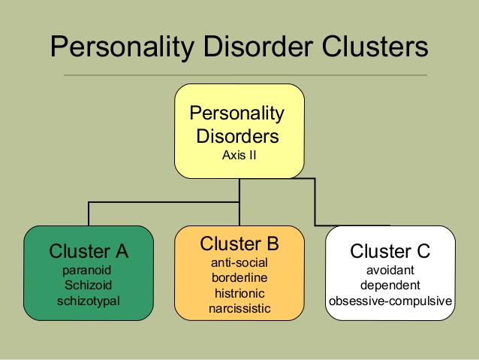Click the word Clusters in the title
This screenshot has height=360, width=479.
click(375, 47)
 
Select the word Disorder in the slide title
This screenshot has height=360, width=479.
click(258, 47)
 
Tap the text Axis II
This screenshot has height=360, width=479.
click(239, 155)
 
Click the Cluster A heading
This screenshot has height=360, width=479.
click(89, 251)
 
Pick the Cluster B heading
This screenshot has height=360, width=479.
click(239, 244)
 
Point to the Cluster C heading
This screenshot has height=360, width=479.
click(390, 251)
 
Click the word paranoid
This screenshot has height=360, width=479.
click(87, 271)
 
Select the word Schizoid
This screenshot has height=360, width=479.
click(89, 286)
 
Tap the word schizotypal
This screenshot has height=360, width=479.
click(89, 301)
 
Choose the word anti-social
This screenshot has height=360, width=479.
click(239, 263)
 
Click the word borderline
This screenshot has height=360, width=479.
click(239, 278)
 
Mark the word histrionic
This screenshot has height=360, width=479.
click(239, 293)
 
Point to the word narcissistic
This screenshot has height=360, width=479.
click(239, 308)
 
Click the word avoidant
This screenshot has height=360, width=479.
click(390, 271)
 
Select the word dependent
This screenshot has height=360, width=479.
click(390, 286)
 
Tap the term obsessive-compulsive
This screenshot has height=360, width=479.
click(390, 301)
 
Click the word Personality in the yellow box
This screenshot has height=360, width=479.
click(236, 113)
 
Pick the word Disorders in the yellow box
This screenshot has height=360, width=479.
click(237, 136)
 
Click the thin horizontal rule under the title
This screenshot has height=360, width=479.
click(246, 75)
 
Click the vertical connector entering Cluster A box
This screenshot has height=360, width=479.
click(89, 213)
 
